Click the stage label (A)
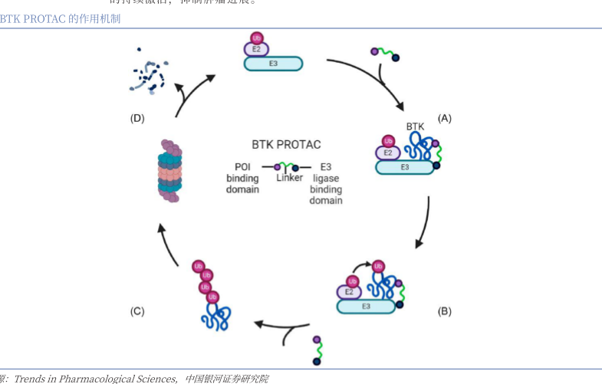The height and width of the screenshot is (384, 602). click(444, 118)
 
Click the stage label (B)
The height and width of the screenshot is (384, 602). click(444, 311)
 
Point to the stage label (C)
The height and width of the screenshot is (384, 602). click(137, 311)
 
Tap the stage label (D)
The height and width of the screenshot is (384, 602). click(137, 118)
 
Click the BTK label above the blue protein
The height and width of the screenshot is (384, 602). click(415, 126)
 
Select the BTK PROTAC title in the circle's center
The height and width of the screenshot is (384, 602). click(286, 144)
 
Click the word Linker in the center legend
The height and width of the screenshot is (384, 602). click(290, 179)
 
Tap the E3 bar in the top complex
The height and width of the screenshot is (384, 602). click(273, 64)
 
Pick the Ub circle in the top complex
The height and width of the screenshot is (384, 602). click(257, 37)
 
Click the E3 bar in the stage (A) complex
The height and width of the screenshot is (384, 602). click(405, 166)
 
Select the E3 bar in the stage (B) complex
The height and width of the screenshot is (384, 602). click(367, 306)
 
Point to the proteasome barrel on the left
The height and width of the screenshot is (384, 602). click(169, 169)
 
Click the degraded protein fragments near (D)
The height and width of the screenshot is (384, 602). click(146, 72)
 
